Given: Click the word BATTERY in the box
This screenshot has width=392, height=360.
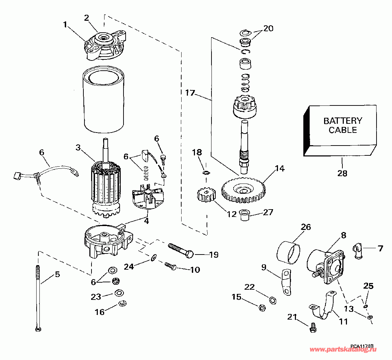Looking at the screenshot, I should [x=337, y=121].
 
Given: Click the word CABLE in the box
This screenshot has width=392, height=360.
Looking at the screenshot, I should [x=337, y=130].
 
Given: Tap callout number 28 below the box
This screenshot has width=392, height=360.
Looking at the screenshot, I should [x=342, y=173].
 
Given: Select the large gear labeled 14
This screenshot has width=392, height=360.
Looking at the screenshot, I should [x=244, y=191].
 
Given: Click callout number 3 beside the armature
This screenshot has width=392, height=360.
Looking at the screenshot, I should [x=78, y=148].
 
